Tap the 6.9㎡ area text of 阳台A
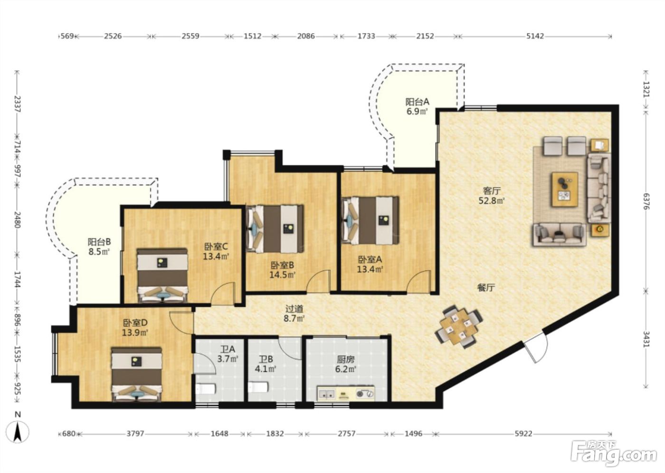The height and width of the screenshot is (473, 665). click(417, 112)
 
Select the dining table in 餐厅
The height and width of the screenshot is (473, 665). click(459, 327)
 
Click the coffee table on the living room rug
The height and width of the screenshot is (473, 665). click(565, 189)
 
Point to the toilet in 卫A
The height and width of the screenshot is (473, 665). click(205, 389)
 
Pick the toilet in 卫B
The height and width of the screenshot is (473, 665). click(258, 387)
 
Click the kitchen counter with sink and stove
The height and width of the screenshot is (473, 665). click(346, 393)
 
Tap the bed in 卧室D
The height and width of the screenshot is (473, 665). click(137, 375)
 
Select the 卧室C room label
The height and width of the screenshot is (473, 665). click(216, 246)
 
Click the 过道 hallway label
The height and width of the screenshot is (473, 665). click(294, 309)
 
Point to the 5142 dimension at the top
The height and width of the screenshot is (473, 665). click(535, 36)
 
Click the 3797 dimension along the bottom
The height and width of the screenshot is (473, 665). click(135, 434)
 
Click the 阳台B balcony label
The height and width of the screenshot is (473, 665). click(99, 242)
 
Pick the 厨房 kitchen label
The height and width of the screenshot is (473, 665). click(346, 359)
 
